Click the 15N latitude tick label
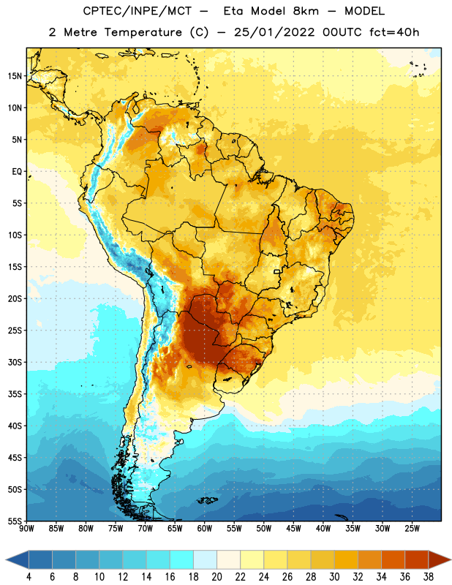(15, 76)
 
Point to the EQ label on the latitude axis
(17, 172)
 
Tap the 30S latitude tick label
(15, 362)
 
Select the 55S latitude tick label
(15, 521)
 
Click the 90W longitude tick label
(26, 529)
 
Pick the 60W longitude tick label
(205, 529)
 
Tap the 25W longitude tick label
(412, 529)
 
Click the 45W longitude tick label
(293, 529)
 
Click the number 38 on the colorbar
(429, 577)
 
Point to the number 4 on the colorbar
(29, 577)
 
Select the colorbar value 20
(216, 577)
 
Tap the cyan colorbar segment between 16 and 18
(182, 559)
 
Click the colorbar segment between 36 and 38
(417, 559)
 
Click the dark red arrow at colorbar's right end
(440, 559)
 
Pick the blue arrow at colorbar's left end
(18, 559)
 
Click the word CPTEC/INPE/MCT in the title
(137, 11)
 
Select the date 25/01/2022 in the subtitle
(274, 32)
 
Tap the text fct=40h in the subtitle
(394, 32)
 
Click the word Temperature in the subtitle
(143, 32)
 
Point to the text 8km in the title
(306, 11)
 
